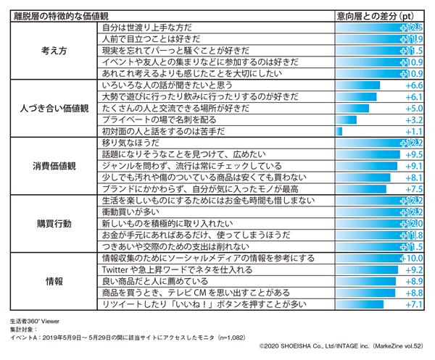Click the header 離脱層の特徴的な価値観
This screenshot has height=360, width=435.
[x=62, y=14]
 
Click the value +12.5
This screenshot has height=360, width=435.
[x=410, y=28]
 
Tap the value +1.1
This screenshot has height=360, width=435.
[x=411, y=131]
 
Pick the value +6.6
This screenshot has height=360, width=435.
[x=411, y=85]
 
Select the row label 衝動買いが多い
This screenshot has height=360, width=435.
[x=132, y=212]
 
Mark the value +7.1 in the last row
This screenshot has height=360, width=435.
[x=411, y=304]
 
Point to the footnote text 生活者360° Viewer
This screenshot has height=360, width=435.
[x=36, y=320]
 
